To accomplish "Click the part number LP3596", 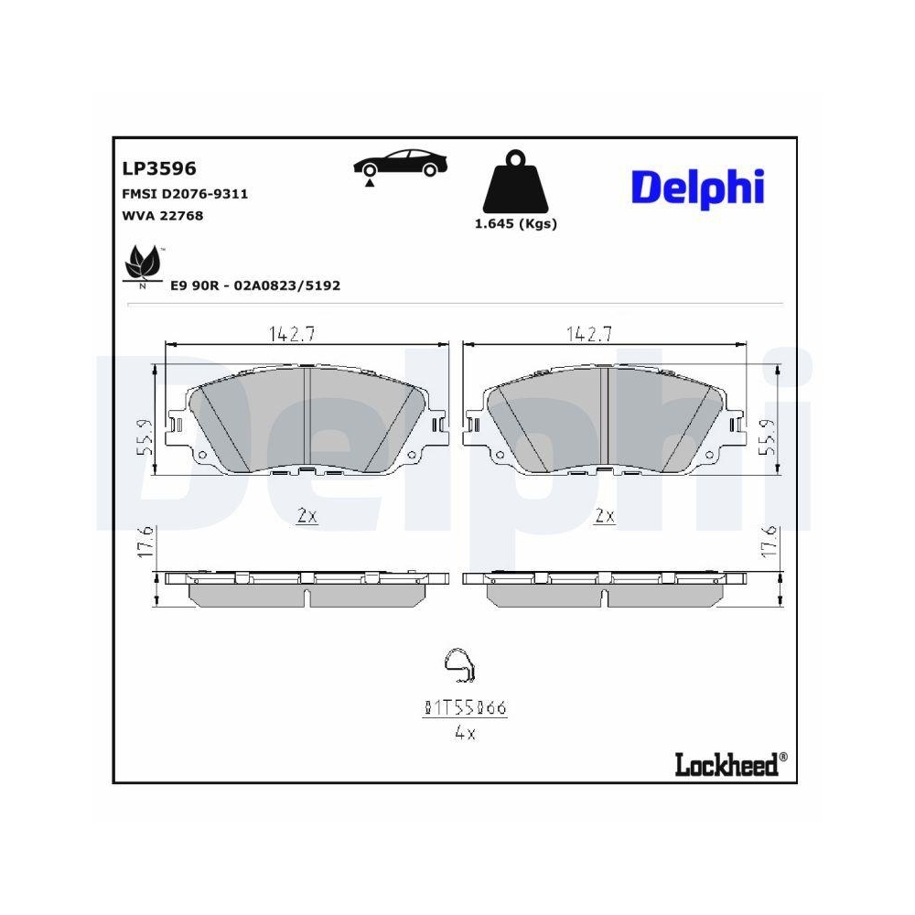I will click(x=159, y=168).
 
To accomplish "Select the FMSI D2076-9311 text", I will click(x=185, y=194).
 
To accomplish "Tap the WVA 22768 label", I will click(x=162, y=216).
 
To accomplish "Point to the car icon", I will click(x=401, y=166).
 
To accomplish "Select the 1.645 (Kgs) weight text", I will click(x=516, y=224).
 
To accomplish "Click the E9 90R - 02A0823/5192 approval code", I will click(x=255, y=285).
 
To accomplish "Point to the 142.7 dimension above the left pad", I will click(x=292, y=334).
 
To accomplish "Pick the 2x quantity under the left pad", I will click(x=307, y=516).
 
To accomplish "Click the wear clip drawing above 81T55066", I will click(x=457, y=666).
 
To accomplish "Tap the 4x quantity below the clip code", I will click(x=465, y=732).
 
